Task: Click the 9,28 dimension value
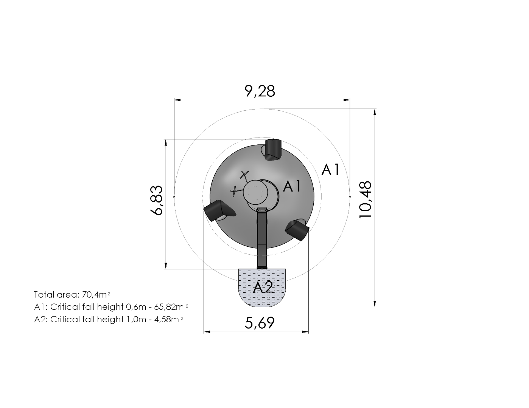coord(260,91)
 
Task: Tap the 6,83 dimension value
coord(156,200)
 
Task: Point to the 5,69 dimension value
coord(260,323)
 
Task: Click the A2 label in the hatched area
coord(263,288)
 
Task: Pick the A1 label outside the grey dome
coord(330,170)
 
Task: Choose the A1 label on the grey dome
coord(292,186)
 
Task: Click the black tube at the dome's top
coord(273,150)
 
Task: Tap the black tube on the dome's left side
coord(219,210)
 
